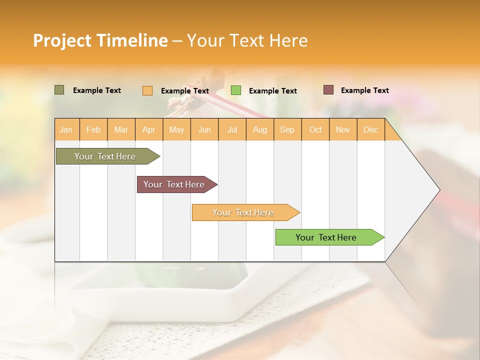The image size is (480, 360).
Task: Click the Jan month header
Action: (66, 129)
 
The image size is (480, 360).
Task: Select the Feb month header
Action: (93, 129)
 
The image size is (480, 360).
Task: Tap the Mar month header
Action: (121, 129)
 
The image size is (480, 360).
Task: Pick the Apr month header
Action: (149, 129)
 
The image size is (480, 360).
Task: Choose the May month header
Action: (176, 129)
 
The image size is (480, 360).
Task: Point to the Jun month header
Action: (204, 129)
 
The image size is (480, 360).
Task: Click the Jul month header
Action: (232, 129)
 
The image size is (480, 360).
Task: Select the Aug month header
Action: (260, 129)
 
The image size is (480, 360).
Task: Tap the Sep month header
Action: (287, 129)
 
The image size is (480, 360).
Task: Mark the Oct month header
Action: (315, 129)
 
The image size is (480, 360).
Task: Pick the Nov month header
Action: (343, 129)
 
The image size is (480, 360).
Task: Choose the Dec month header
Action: (371, 129)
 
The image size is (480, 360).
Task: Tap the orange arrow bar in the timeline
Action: (244, 212)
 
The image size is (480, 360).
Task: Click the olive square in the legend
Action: (59, 90)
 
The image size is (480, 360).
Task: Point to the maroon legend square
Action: (328, 90)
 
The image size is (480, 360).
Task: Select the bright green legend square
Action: (236, 90)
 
